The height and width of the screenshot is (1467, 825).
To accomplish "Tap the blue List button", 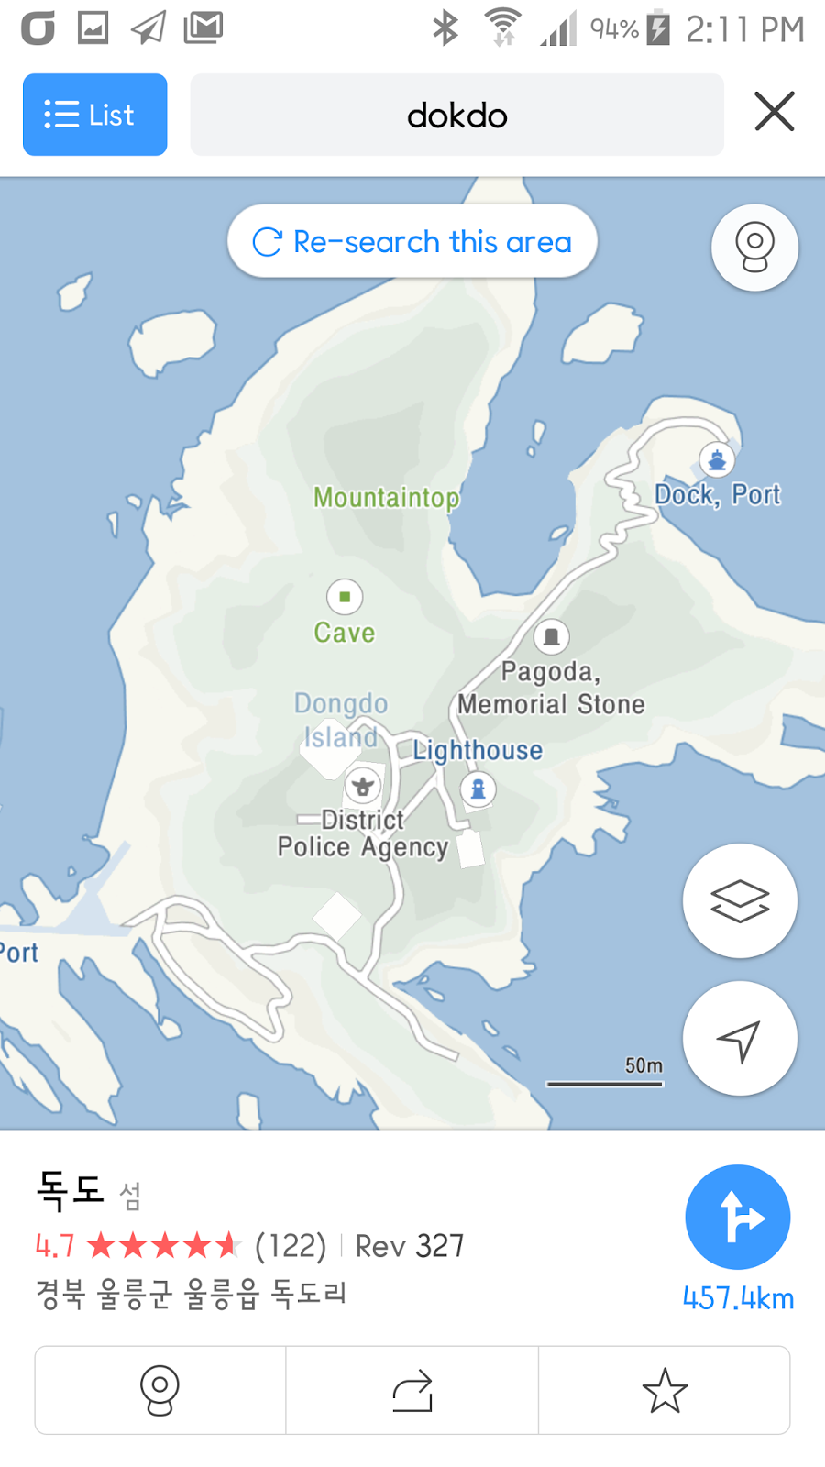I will click(94, 115).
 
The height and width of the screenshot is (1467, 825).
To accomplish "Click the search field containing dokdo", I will click(456, 116).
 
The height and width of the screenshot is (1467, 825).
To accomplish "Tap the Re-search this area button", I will click(412, 242).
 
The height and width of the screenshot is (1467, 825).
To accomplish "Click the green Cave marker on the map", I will click(345, 597).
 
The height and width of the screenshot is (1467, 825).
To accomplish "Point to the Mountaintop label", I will click(386, 497).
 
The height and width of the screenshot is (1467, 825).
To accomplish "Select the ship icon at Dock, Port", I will click(717, 459).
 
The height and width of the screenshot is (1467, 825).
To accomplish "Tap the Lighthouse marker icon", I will click(478, 789).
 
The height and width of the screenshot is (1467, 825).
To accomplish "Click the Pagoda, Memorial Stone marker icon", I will click(551, 636).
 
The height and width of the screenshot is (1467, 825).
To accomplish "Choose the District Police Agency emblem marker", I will click(363, 786).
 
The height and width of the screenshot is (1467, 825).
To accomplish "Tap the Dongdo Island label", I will click(341, 720).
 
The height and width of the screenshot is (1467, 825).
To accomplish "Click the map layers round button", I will click(740, 900).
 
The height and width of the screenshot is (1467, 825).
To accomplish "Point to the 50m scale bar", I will click(605, 1083).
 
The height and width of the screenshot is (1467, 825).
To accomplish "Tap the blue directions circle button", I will click(738, 1217).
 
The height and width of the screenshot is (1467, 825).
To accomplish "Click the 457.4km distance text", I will click(738, 1298).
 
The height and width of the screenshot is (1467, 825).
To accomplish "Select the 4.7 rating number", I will click(55, 1246).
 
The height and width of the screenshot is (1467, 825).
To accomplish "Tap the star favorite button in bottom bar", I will click(665, 1390).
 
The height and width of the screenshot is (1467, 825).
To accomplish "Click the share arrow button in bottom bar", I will click(412, 1390).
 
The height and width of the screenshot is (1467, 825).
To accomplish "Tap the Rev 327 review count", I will click(410, 1246).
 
